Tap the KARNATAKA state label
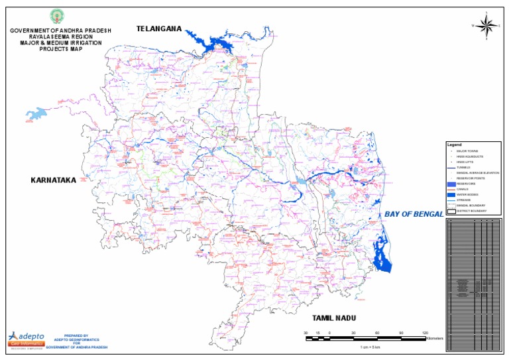click(59, 180)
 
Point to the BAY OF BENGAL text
click(414, 215)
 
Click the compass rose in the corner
click(485, 25)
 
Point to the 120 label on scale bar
click(425, 332)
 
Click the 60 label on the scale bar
click(377, 332)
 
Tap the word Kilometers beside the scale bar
click(435, 338)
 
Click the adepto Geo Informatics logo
click(25, 339)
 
